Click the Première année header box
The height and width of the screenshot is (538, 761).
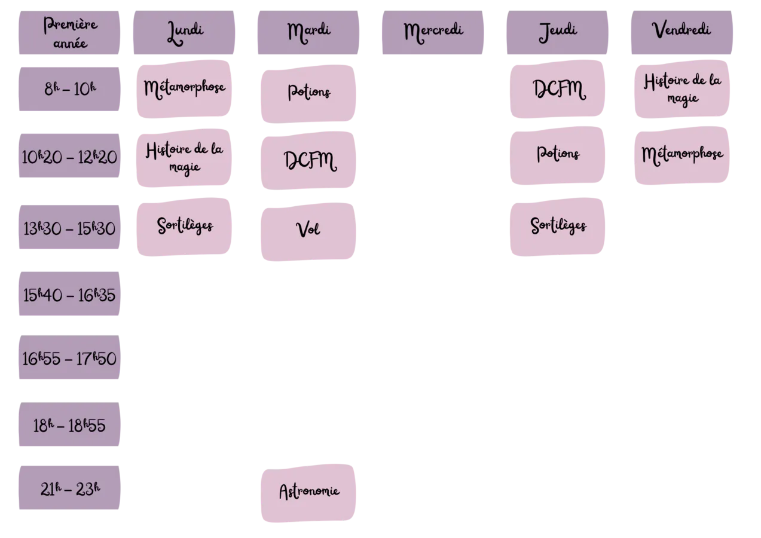69,33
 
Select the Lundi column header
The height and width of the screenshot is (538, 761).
184,33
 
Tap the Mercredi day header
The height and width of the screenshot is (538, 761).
432,33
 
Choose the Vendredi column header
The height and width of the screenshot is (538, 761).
682,33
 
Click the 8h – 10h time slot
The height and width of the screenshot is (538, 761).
69,89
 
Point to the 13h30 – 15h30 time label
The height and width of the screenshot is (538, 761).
69,227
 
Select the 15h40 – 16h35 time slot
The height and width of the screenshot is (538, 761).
69,294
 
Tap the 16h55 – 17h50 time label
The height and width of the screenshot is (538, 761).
69,357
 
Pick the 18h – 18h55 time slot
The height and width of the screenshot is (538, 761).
69,424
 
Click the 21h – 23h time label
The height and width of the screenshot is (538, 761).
69,488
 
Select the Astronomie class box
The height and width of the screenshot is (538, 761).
308,493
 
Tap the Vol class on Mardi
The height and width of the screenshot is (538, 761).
308,232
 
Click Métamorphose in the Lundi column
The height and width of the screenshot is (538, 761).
184,89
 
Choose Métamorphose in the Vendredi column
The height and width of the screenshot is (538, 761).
682,155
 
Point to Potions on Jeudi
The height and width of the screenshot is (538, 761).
557,155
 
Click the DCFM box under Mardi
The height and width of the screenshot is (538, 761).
308,160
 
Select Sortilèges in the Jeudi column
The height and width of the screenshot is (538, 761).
557,227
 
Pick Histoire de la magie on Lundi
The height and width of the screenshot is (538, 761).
184,158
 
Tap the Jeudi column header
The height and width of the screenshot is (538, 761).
557,33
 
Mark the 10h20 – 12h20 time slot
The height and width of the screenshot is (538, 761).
69,155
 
